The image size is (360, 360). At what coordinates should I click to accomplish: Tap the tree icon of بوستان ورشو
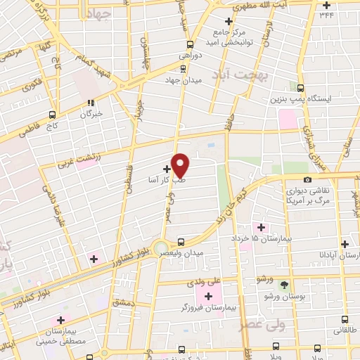click(284, 284)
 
